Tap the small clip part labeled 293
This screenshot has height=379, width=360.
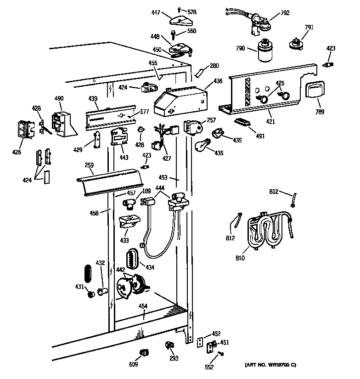[169, 345]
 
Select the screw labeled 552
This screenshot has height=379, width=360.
[221, 353]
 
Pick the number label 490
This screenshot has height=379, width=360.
[59, 98]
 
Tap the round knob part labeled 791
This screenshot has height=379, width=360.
[294, 44]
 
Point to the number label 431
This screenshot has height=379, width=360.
[79, 287]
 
